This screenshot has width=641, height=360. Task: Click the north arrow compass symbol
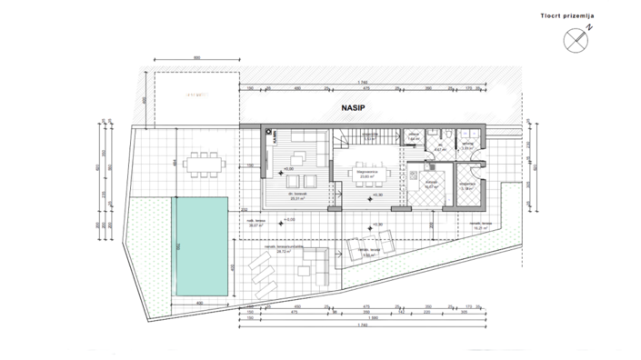click(575, 39)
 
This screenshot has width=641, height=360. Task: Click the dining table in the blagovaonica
click(368, 171)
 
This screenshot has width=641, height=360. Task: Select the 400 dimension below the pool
click(199, 302)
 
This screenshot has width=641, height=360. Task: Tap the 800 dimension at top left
click(196, 58)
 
